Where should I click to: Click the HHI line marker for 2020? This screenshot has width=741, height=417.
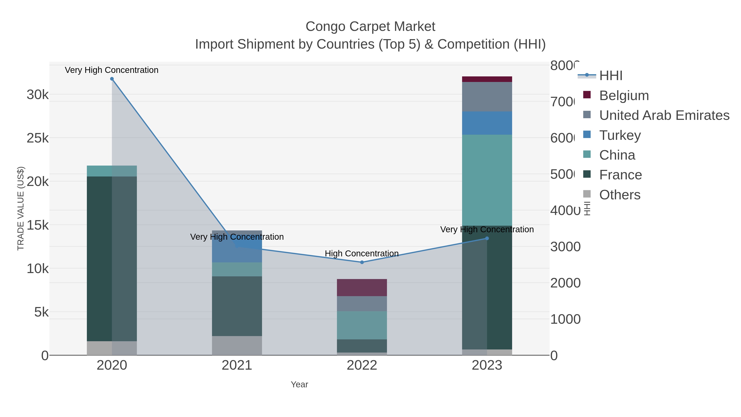point(112,79)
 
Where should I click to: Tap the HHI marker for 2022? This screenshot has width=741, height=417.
point(362,262)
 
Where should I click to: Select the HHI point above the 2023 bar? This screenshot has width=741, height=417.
point(487,238)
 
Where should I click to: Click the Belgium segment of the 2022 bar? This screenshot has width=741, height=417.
point(362,287)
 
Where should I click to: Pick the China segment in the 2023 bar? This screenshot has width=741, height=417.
point(487,180)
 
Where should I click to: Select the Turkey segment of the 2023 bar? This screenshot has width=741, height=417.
point(487,123)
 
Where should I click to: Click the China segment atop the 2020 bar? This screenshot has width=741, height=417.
point(112,171)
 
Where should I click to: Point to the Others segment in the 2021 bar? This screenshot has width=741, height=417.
point(237,345)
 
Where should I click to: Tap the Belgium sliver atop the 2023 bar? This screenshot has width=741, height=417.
point(487,79)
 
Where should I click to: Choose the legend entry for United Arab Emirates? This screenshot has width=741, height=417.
point(664,115)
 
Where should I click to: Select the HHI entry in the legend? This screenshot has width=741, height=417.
point(611,75)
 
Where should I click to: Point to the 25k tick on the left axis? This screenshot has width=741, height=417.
point(38,138)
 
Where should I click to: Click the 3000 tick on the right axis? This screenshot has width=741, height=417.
point(565,247)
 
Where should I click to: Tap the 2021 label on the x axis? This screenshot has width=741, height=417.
point(237,365)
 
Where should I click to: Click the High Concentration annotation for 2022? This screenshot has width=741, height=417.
point(362,253)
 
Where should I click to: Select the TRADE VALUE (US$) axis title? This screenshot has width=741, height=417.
point(21,208)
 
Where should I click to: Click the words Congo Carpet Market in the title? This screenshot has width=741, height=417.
point(370,27)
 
